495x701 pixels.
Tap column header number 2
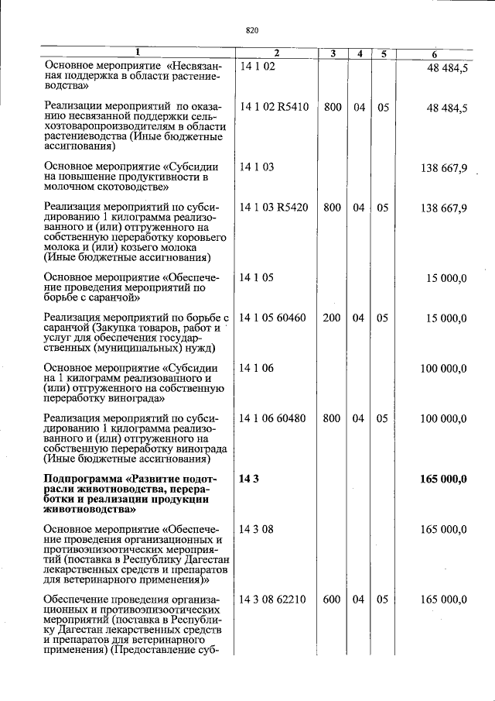coord(275,53)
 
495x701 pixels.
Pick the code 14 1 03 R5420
coord(274,208)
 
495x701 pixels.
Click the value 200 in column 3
coord(332,318)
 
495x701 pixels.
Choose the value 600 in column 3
coord(332,600)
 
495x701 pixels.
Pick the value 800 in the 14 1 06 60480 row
coord(332,418)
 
